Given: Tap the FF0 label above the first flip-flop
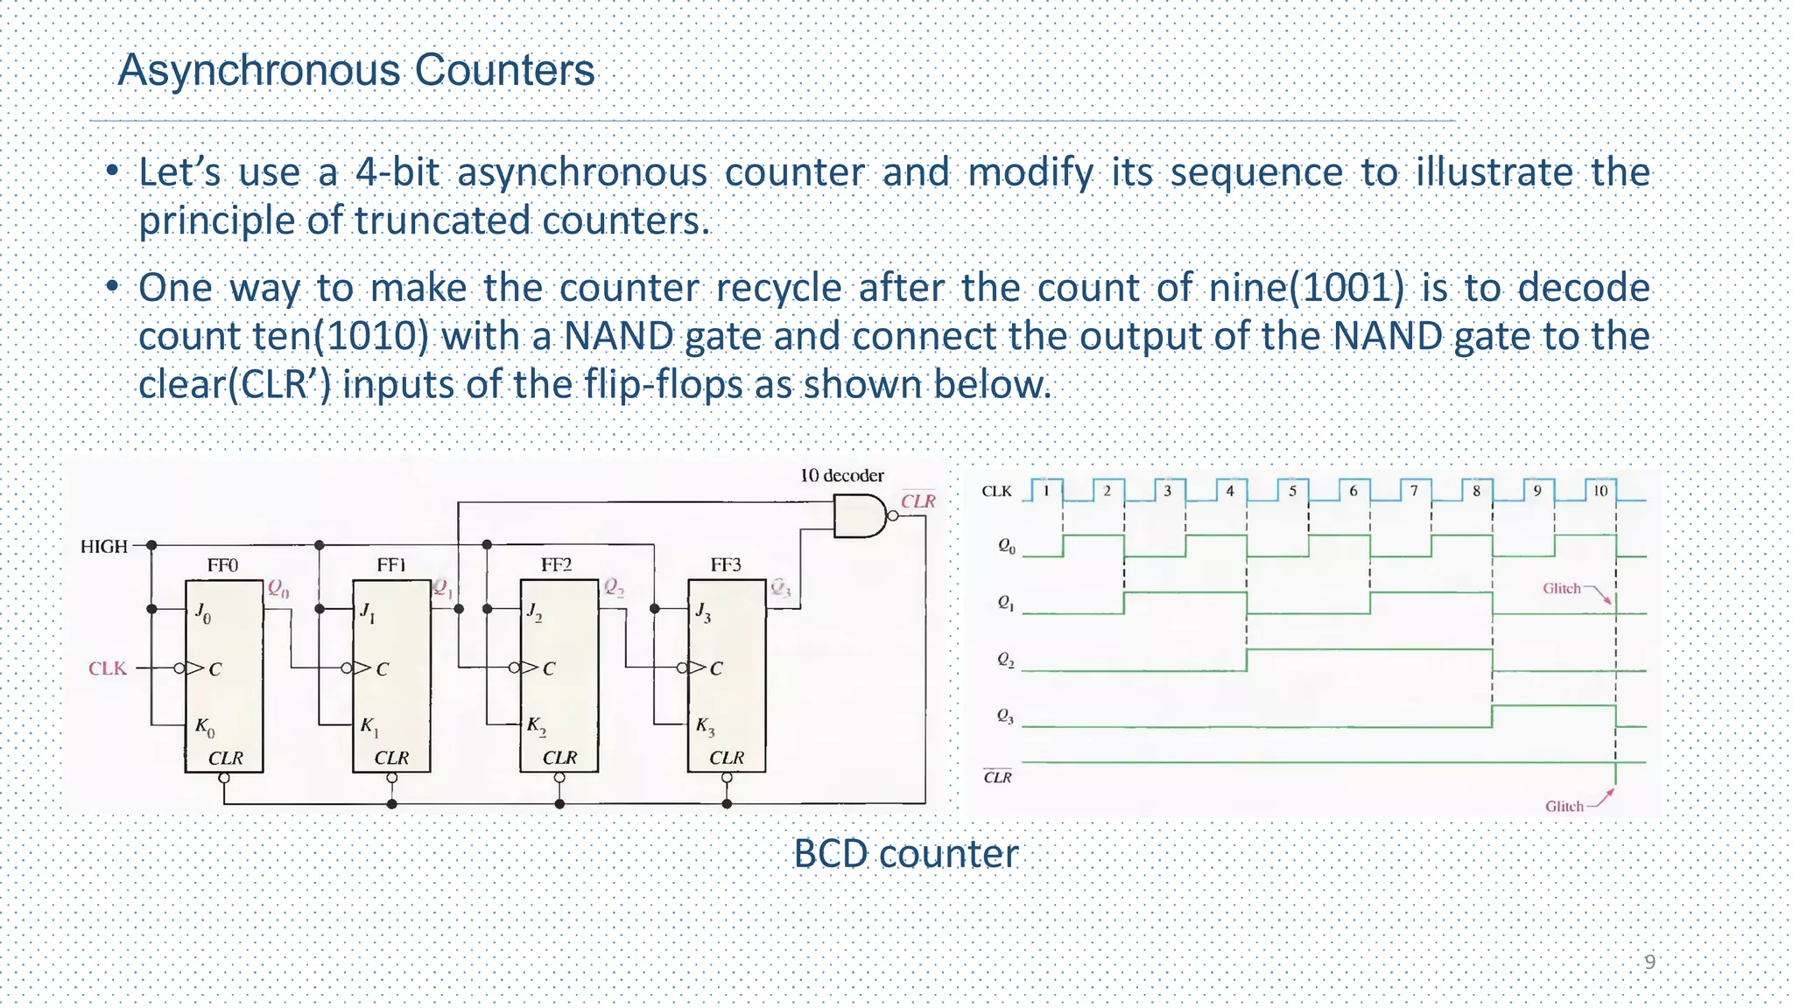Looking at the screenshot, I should (222, 565).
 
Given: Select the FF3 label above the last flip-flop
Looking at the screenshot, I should (726, 565).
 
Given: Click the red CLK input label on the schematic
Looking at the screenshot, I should (108, 668).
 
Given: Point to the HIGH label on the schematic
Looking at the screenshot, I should (104, 547).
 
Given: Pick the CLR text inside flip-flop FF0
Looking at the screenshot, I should (225, 758).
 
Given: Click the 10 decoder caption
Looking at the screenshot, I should (841, 475).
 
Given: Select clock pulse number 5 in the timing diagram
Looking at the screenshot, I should (1292, 491).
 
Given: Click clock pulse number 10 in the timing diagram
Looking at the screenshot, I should (1600, 491).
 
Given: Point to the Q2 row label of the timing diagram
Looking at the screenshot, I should (1006, 660).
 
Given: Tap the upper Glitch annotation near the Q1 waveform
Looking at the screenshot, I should (1562, 588).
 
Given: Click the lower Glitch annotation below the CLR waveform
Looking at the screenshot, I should (1564, 806).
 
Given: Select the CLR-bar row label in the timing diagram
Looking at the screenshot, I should (997, 777).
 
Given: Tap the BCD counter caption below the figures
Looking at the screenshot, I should (905, 854).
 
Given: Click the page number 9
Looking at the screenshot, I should (1649, 962).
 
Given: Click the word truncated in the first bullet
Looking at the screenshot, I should (444, 220).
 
